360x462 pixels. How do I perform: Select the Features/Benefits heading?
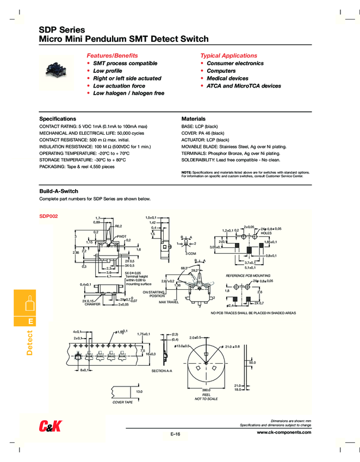[x=113, y=55]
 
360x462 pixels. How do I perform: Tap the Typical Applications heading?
[x=228, y=55]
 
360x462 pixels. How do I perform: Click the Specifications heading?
[x=58, y=118]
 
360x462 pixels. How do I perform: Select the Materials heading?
[x=193, y=118]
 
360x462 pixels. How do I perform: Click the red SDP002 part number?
[x=48, y=216]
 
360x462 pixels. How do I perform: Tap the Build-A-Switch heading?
[x=59, y=191]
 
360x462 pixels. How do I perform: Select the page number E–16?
[x=175, y=434]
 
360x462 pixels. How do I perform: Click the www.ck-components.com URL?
[x=284, y=432]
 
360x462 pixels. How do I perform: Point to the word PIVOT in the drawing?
[x=121, y=236]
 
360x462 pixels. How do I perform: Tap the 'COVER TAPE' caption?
[x=122, y=402]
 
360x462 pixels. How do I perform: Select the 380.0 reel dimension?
[x=206, y=390]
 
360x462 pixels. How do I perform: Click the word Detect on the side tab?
[x=30, y=342]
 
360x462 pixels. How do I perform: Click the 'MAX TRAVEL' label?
[x=169, y=302]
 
